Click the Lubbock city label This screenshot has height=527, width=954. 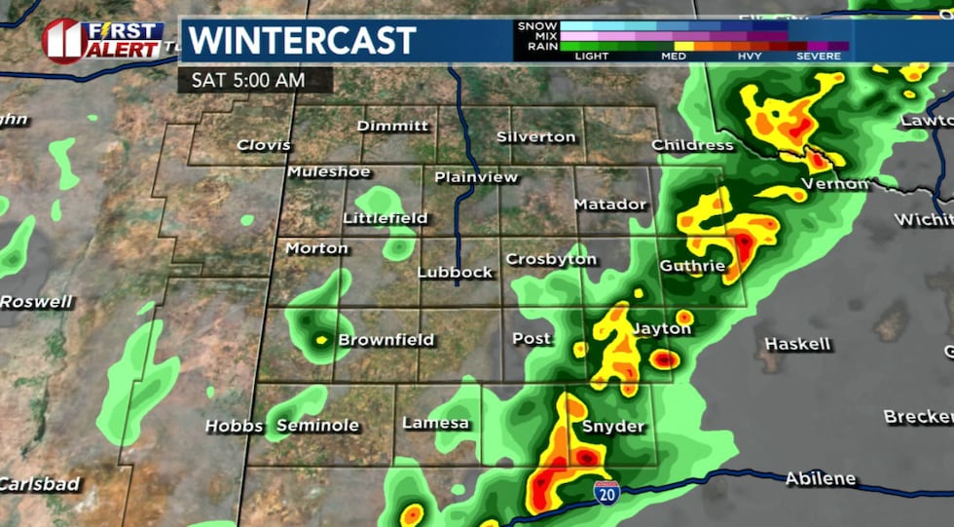coord(456,273)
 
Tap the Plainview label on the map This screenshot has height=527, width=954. coord(476,177)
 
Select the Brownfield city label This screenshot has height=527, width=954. coord(385,340)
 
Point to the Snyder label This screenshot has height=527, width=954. coord(613,427)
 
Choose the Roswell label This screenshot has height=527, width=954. coord(36,302)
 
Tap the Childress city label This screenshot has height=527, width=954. coord(692,145)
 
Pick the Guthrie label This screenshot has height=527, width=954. coord(692,266)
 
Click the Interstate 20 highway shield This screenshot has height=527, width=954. coord(606,492)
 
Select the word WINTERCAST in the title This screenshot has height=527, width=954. coord(302,41)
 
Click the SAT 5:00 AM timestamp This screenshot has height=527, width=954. coord(247,80)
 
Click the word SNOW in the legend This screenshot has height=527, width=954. coord(537,25)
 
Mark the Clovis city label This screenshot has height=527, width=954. coord(264,145)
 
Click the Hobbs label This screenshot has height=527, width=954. coord(234,427)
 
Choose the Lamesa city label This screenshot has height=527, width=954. coord(436,423)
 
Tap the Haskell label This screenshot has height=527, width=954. coord(798,344)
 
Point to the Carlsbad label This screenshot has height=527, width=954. coord(40,484)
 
